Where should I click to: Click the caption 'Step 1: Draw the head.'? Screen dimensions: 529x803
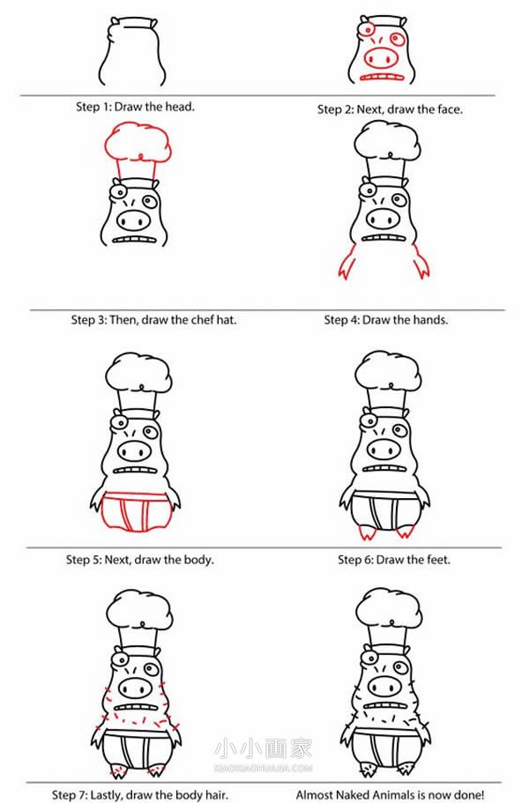pos(135,107)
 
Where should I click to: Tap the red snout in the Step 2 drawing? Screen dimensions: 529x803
pos(381,57)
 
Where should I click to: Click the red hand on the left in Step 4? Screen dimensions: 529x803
pos(347,262)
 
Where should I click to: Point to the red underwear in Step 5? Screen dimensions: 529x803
pos(135,511)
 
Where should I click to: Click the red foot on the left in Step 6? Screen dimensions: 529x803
pos(367,532)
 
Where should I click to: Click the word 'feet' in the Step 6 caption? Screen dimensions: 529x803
pos(438,560)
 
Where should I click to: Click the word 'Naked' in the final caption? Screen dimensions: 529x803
pos(354,795)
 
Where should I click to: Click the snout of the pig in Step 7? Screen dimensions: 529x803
pos(134,687)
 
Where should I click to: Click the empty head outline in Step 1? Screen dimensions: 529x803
pos(132,51)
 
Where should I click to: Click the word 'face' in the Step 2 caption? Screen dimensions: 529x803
pos(449,109)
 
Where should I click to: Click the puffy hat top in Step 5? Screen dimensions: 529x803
pos(138,373)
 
